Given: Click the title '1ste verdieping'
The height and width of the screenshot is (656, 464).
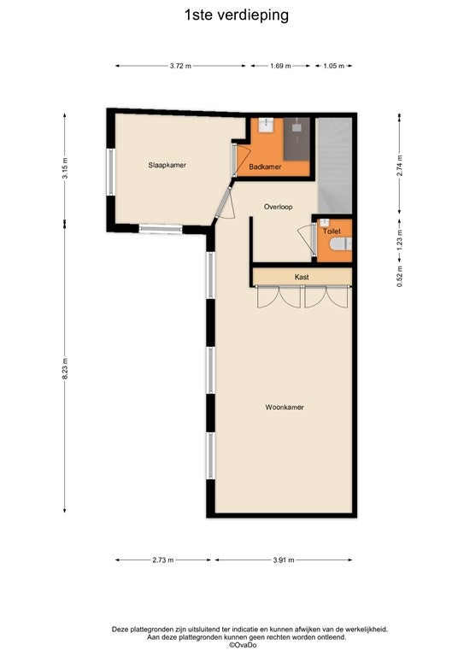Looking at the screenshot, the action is click(237, 15).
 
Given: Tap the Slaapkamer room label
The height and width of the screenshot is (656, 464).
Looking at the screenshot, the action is click(167, 165).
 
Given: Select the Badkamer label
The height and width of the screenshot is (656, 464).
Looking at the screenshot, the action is click(265, 167).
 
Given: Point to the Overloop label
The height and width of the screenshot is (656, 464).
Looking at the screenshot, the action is click(279, 207).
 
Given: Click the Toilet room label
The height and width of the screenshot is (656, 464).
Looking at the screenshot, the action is click(332, 231).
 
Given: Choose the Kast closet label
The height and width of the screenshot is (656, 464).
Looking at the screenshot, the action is click(302, 277).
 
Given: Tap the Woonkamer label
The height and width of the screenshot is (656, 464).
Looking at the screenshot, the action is click(285, 407).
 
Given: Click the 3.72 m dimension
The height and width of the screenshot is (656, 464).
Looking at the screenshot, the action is click(181, 66).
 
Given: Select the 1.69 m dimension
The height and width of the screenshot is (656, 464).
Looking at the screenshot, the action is click(280, 66).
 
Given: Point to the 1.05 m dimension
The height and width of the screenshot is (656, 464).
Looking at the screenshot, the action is click(334, 66).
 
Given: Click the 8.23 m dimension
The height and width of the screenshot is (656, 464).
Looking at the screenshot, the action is click(65, 369).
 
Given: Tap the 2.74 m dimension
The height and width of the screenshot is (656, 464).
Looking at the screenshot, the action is click(400, 165).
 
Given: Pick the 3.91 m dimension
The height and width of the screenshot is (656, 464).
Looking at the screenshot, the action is click(284, 559).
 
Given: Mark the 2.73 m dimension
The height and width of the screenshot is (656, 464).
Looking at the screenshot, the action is click(163, 559).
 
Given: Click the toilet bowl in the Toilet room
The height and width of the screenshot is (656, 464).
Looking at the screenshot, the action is click(341, 244).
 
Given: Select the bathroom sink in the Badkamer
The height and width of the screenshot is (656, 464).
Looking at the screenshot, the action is click(266, 125).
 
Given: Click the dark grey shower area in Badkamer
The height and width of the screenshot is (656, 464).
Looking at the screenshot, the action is click(297, 139).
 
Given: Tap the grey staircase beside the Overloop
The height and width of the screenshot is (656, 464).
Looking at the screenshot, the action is click(335, 166).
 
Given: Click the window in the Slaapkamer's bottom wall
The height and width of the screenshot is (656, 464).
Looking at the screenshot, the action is click(161, 229).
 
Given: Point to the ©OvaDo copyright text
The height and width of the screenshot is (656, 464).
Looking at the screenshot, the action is click(242, 645).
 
